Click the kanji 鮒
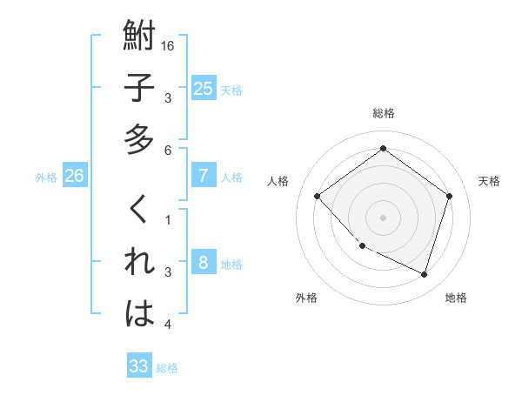140,37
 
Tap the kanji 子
140,88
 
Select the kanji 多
140,138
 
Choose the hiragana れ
140,261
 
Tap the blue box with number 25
203,88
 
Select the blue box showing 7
203,176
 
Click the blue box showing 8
203,263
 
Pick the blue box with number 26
74,176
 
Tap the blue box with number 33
138,366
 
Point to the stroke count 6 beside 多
169,151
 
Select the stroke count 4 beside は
169,325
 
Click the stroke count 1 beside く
169,220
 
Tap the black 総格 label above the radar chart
383,113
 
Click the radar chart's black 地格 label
456,298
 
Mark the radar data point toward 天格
449,196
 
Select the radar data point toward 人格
318,196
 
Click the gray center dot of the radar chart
383,217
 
